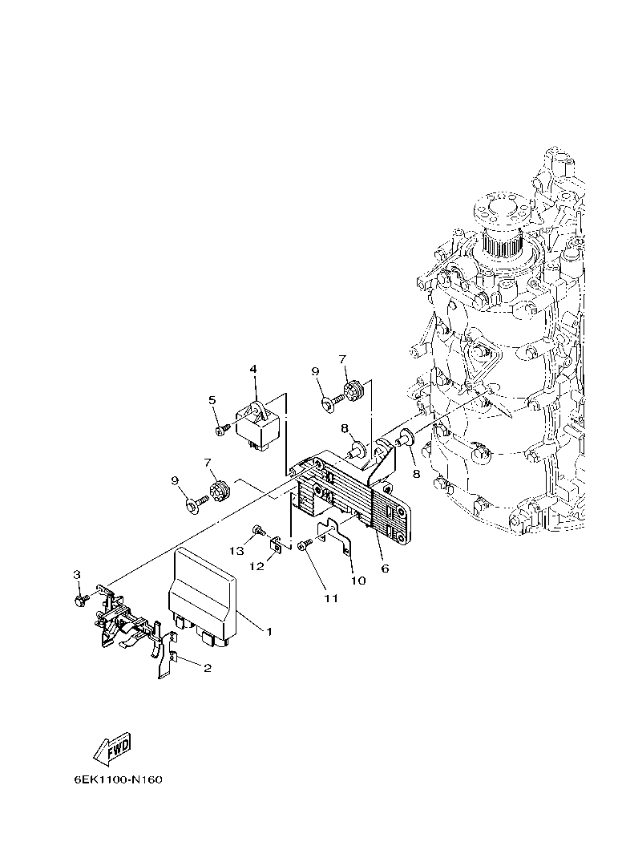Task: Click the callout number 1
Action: click(x=269, y=632)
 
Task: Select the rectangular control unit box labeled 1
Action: click(x=202, y=593)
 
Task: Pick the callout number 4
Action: click(x=253, y=369)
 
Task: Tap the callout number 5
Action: click(x=213, y=400)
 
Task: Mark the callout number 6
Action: click(x=385, y=568)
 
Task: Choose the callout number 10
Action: click(x=358, y=581)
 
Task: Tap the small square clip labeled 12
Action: click(x=274, y=545)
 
